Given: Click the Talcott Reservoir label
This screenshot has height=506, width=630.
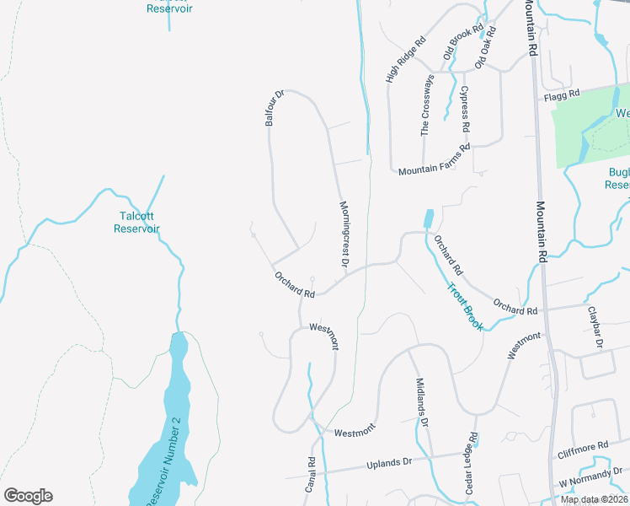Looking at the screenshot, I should coord(137,222).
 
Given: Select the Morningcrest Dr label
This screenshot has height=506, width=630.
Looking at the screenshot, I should coord(344,235).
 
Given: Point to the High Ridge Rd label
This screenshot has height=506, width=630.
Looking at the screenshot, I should coord(406,59).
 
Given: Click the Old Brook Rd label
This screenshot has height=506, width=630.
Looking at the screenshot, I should coord(464,41).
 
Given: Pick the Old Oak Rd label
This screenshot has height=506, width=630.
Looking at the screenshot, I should coord(485,47).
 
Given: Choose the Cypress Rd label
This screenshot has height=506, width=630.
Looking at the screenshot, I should coord(465,107).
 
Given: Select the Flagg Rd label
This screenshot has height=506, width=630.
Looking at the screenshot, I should coord(563,94).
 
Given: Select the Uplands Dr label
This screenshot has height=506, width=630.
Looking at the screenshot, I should coord(388,462).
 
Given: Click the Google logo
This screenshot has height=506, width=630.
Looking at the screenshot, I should coord(28,496).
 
